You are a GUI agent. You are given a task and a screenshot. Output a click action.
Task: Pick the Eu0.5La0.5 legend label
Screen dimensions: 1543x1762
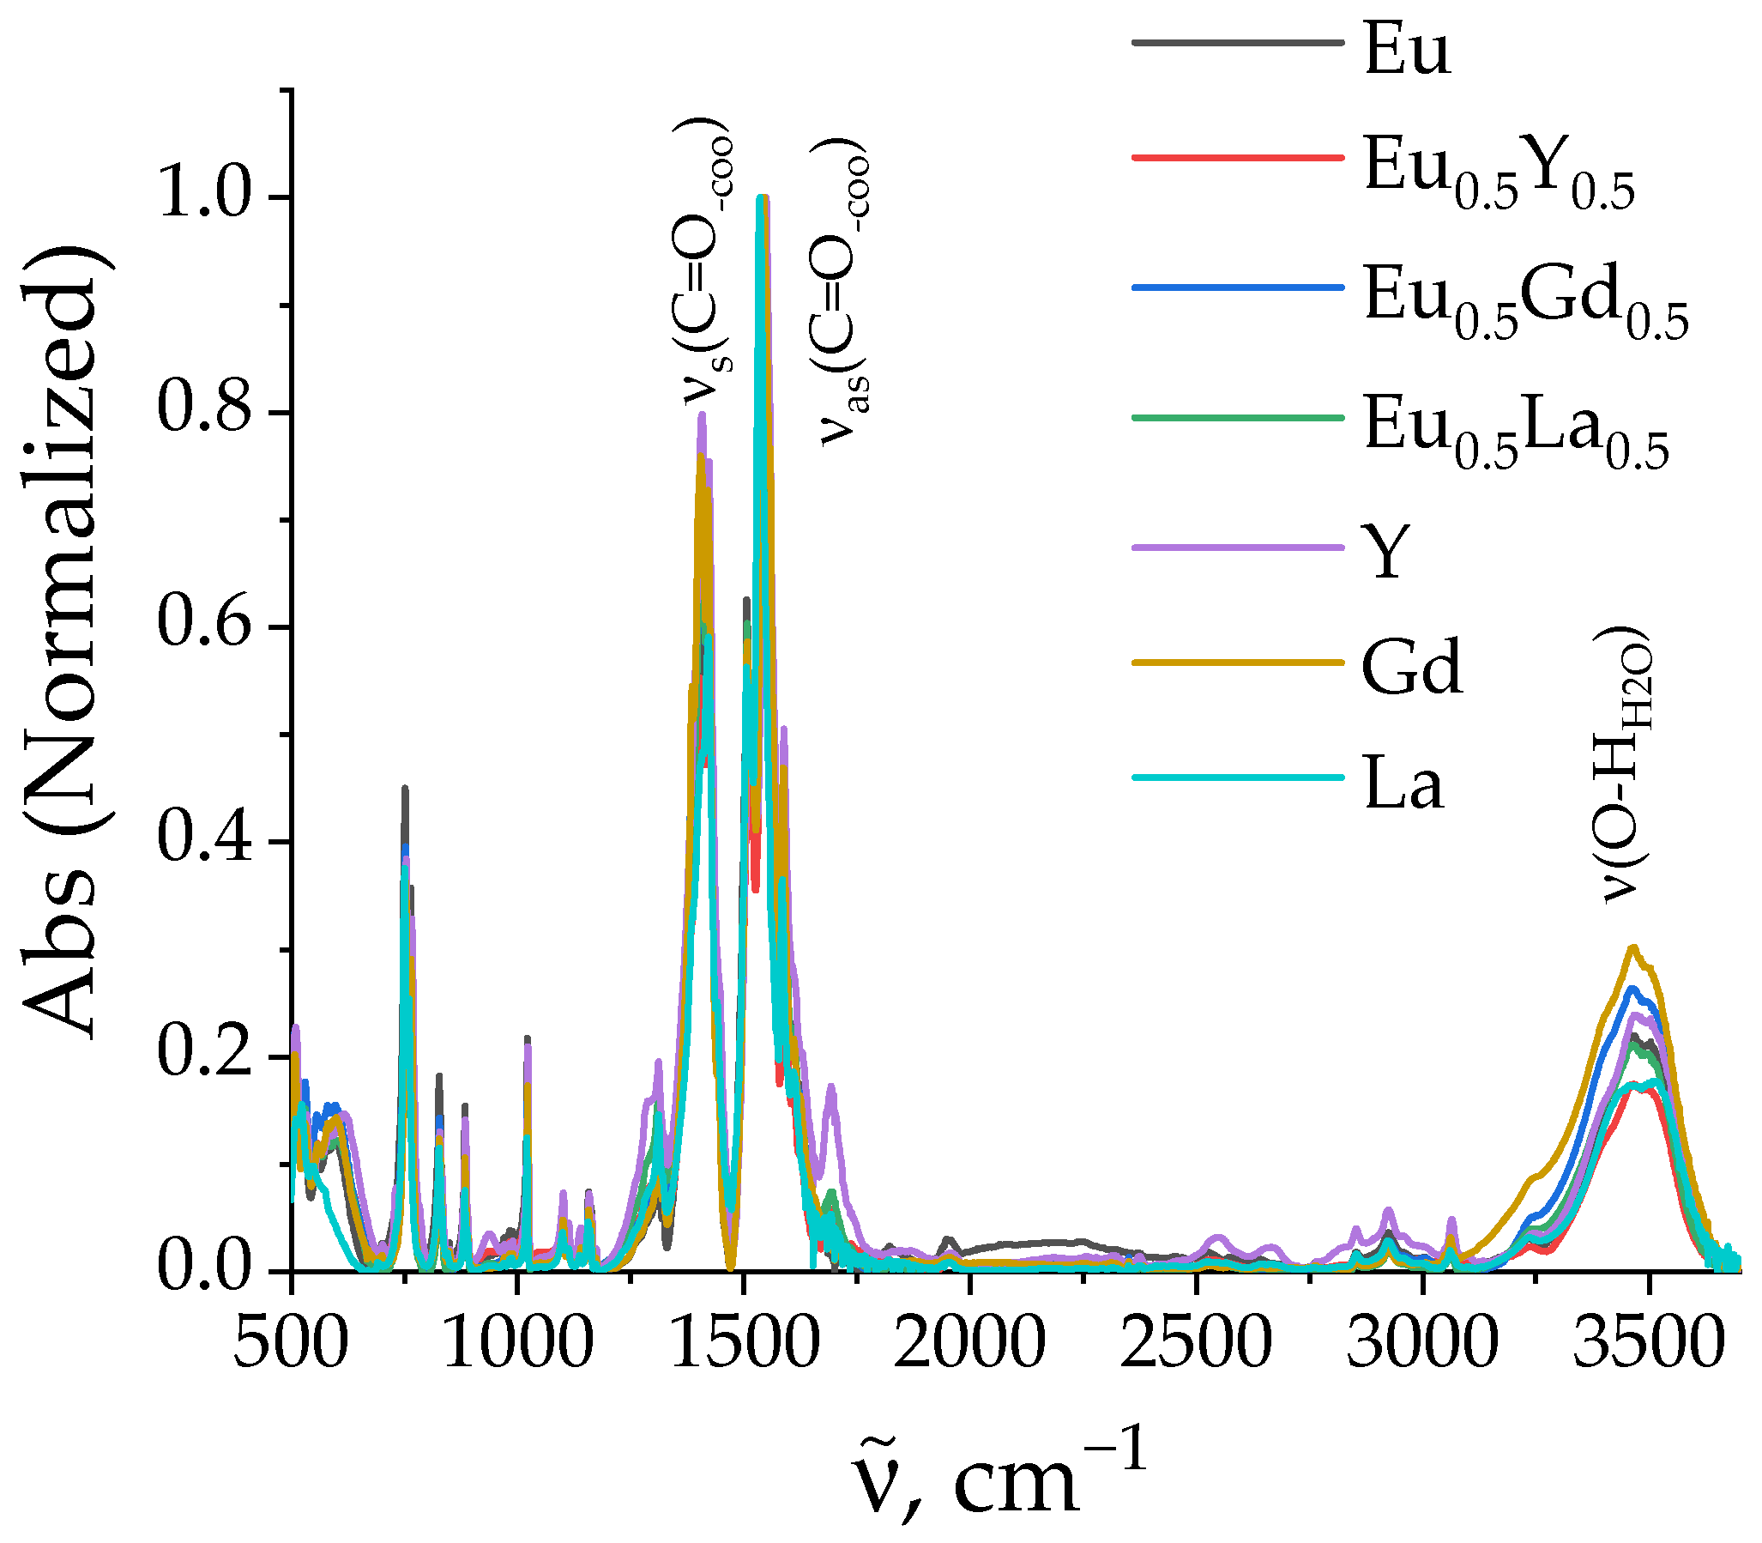coord(1515,431)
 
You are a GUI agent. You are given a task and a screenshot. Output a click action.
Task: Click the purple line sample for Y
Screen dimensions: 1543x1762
coord(1237,547)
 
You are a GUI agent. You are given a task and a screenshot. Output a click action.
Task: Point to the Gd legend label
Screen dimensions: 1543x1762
coord(1412,668)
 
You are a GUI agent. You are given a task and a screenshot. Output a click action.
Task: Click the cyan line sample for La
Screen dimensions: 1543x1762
coord(1237,778)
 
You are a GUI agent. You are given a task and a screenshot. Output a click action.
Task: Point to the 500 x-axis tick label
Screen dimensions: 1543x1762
coord(291,1344)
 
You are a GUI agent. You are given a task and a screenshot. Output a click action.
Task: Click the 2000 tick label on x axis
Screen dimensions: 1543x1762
coord(969,1344)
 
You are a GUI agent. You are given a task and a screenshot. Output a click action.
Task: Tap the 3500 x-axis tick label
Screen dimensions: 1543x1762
coord(1648,1344)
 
